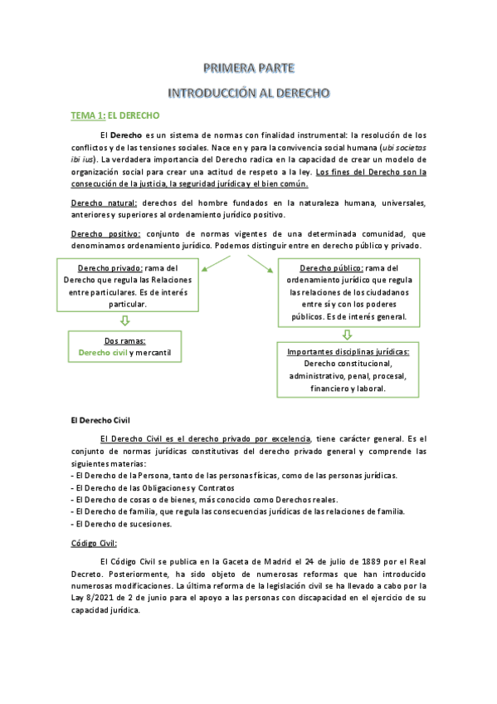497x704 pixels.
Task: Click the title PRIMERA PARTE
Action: click(x=249, y=67)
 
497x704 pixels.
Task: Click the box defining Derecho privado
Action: click(x=128, y=286)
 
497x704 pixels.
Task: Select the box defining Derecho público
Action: click(x=348, y=292)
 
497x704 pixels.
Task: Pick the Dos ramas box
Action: click(x=124, y=346)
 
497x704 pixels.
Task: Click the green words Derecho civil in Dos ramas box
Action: click(x=102, y=352)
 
